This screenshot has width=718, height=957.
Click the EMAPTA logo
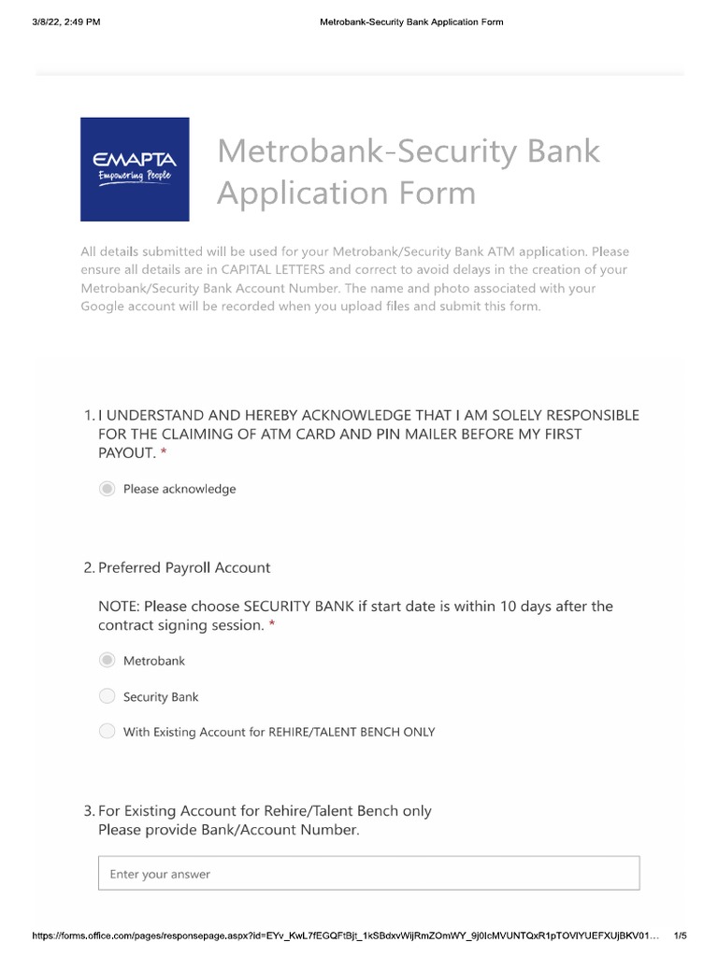135,169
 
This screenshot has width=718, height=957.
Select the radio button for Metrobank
108,661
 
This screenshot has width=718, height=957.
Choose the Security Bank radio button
108,696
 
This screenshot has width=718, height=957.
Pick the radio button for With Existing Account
108,732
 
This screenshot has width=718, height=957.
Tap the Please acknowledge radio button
108,489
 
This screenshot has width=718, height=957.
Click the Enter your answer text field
368,874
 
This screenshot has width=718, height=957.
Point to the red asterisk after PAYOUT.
164,453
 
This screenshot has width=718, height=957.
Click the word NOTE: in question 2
119,606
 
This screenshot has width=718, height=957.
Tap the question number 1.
88,414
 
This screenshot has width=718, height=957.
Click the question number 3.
88,810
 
